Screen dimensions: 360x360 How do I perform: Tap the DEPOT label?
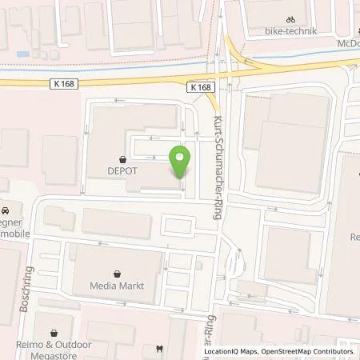pos(122,170)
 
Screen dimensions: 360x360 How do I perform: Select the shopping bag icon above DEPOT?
pos(122,158)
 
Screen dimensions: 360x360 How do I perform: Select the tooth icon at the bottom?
pos(159,349)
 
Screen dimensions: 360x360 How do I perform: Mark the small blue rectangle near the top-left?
pos(22,54)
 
